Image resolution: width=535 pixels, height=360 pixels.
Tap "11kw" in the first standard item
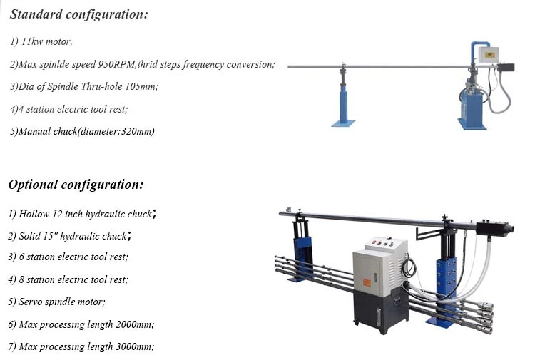pos(35,41)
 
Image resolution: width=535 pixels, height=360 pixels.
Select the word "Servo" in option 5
pos(30,302)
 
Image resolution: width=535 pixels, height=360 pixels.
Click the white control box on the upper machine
pos(489,53)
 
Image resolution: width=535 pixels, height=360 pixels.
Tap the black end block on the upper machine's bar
pos(506,67)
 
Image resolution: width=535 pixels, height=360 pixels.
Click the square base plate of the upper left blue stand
pos(343,123)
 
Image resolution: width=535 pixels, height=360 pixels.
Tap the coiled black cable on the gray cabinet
pos(409,268)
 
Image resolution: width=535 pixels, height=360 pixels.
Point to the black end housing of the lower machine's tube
pos(498,230)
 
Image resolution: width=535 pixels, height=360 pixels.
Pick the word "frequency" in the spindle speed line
pos(228,64)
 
